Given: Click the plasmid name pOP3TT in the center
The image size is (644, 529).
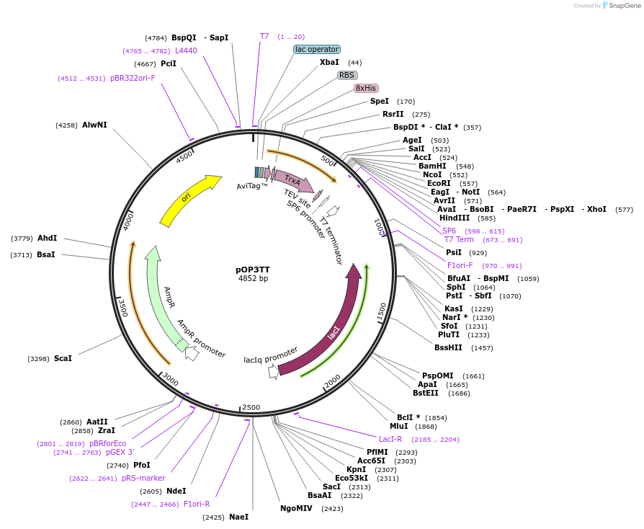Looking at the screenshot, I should tap(253, 269).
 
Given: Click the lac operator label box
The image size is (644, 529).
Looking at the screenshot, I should tap(316, 49).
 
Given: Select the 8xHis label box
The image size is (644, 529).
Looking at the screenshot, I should tap(366, 88).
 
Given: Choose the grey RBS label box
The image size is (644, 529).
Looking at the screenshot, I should tap(347, 75).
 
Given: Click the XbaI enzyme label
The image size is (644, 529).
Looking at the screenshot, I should tap(329, 63).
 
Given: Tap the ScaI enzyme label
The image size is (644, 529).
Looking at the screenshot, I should tap(63, 358).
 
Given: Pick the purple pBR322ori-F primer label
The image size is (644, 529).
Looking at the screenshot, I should tap(133, 78).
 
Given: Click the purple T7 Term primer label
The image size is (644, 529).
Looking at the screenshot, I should tap(459, 240).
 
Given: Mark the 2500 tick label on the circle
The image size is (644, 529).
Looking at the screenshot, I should tap(251, 408).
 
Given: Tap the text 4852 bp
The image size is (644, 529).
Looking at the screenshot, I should tap(253, 279).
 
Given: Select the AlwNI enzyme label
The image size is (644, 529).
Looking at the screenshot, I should tap(94, 125).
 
